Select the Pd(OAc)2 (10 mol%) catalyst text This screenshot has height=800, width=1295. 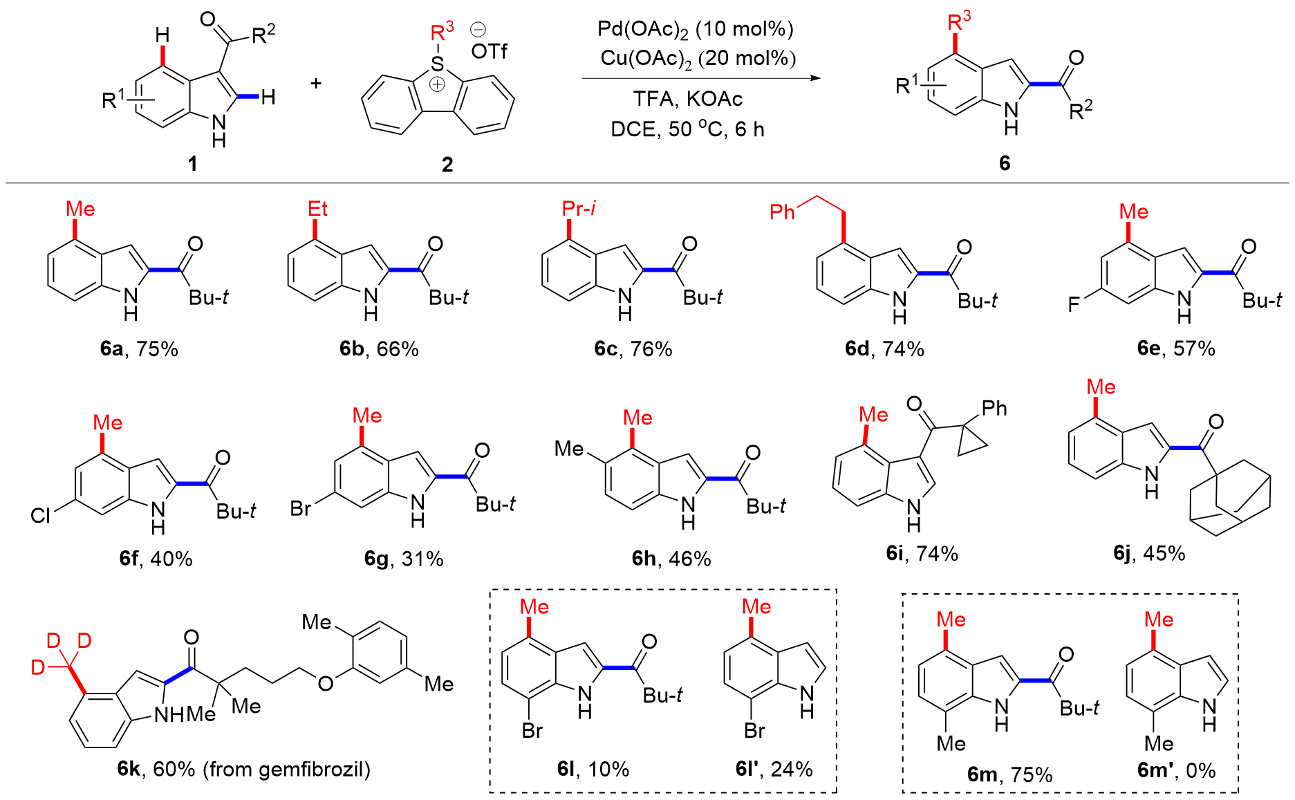pyautogui.click(x=695, y=29)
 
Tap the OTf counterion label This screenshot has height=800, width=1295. pyautogui.click(x=489, y=51)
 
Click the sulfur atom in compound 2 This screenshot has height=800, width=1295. pyautogui.click(x=437, y=64)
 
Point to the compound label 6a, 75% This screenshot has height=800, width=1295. pyautogui.click(x=139, y=348)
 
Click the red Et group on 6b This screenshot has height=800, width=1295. pyautogui.click(x=317, y=209)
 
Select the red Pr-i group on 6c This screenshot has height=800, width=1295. pyautogui.click(x=579, y=209)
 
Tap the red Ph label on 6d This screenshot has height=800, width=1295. pyautogui.click(x=782, y=212)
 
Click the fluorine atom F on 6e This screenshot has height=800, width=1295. pyautogui.click(x=1073, y=304)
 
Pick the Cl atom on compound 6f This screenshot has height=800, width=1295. pyautogui.click(x=40, y=516)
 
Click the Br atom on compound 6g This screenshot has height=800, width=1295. pyautogui.click(x=300, y=509)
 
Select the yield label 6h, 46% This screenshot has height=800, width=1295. pyautogui.click(x=671, y=559)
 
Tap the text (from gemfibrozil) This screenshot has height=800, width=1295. pyautogui.click(x=286, y=769)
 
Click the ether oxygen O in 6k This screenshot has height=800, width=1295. pyautogui.click(x=325, y=684)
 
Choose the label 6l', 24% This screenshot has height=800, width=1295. pyautogui.click(x=774, y=769)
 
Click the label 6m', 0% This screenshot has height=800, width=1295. pyautogui.click(x=1176, y=770)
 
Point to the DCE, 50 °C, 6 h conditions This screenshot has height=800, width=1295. pyautogui.click(x=687, y=129)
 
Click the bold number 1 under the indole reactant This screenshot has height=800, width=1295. pyautogui.click(x=192, y=163)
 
